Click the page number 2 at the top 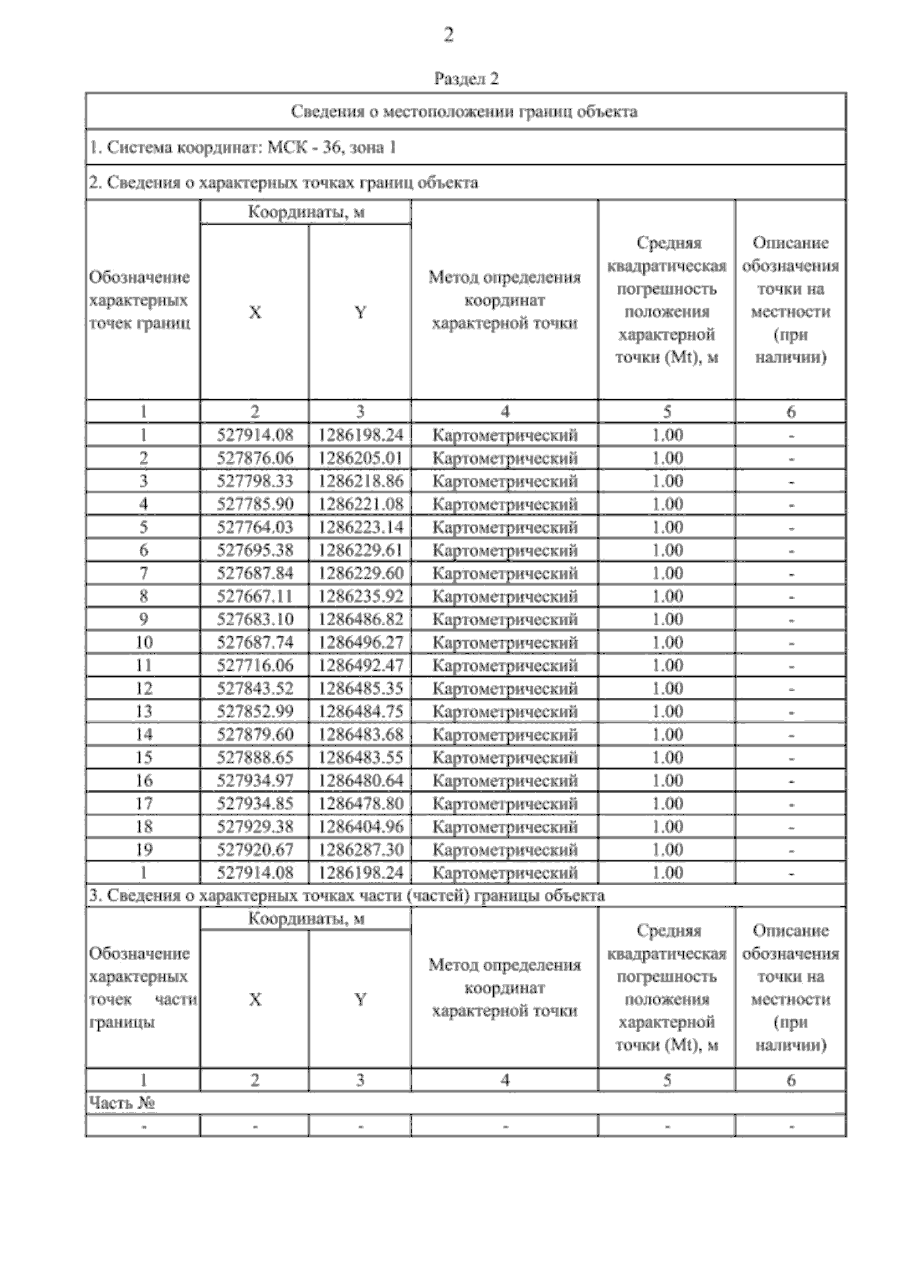tap(448, 34)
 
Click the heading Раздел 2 tap(466, 79)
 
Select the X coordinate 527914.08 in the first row tap(254, 435)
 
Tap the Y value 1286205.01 tap(360, 458)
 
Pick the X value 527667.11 tap(254, 597)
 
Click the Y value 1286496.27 tap(360, 642)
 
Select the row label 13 tap(143, 711)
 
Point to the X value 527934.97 tap(254, 781)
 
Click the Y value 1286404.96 tap(360, 827)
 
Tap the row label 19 tap(143, 850)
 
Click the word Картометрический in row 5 tap(505, 528)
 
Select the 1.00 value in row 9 tap(667, 619)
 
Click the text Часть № tap(122, 1103)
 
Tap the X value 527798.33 tap(254, 481)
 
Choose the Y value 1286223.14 tap(360, 528)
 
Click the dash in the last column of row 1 tap(791, 436)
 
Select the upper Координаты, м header tap(306, 213)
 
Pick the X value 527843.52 tap(254, 689)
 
